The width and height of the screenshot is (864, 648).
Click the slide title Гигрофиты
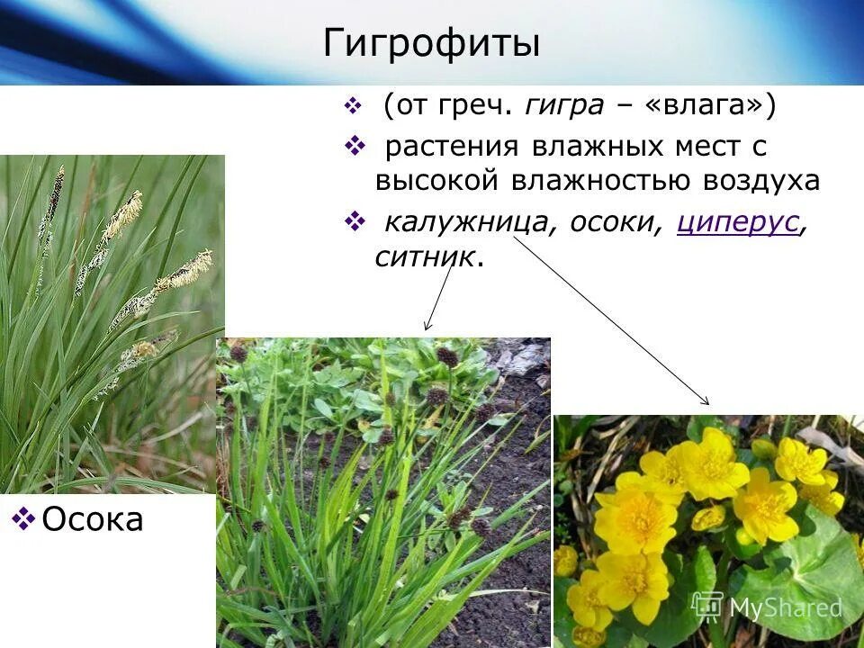(432, 43)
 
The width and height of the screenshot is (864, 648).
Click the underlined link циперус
(738, 221)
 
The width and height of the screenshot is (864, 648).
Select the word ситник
(423, 256)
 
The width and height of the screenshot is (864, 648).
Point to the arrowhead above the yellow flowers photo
(706, 401)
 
